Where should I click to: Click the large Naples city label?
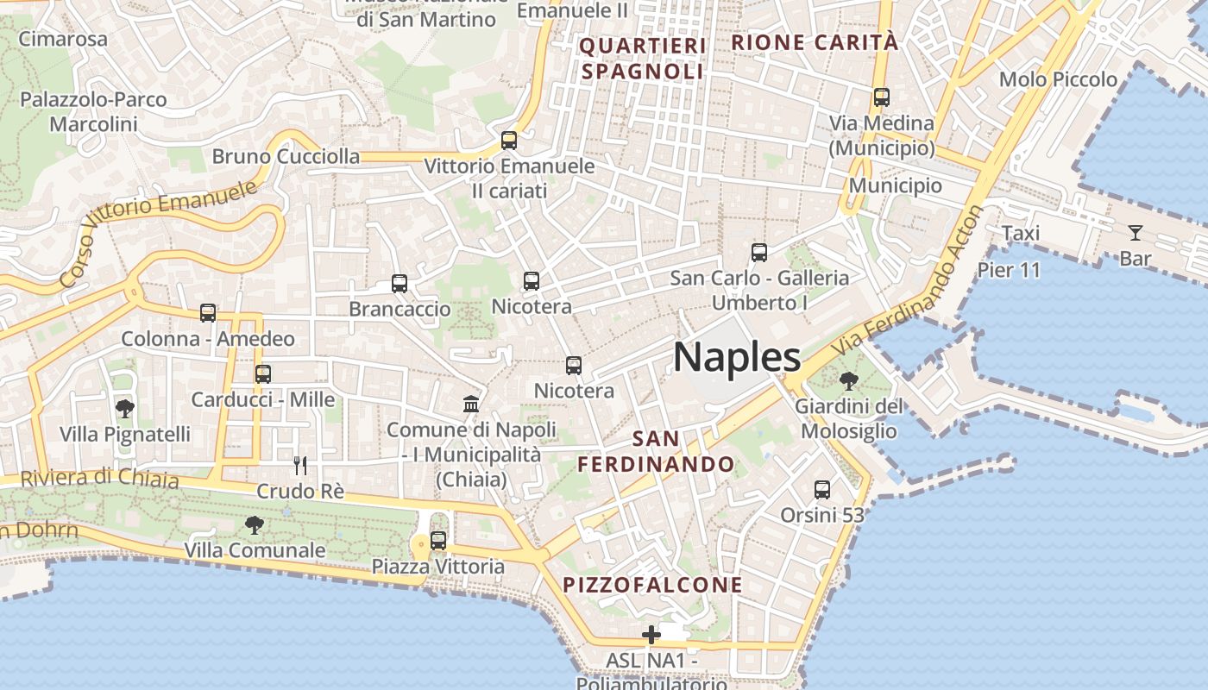click(736, 357)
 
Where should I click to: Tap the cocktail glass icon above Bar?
click(1135, 233)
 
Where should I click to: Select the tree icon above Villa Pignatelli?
click(125, 408)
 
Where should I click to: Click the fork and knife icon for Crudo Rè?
click(300, 466)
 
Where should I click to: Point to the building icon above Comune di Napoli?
click(471, 404)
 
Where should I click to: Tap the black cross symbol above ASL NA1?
click(651, 636)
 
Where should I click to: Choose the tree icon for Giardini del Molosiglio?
click(848, 380)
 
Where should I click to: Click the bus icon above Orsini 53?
click(822, 490)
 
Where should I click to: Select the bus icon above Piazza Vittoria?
click(438, 541)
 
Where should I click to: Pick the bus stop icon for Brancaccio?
click(399, 284)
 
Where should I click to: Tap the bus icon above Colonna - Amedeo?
click(208, 313)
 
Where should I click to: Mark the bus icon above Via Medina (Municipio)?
click(881, 97)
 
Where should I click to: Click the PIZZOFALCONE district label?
click(652, 585)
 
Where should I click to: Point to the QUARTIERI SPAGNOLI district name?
click(643, 59)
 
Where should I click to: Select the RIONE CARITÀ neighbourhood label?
click(815, 42)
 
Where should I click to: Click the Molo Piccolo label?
click(1058, 79)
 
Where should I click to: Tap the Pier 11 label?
click(1009, 270)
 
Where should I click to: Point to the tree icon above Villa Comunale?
click(254, 524)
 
